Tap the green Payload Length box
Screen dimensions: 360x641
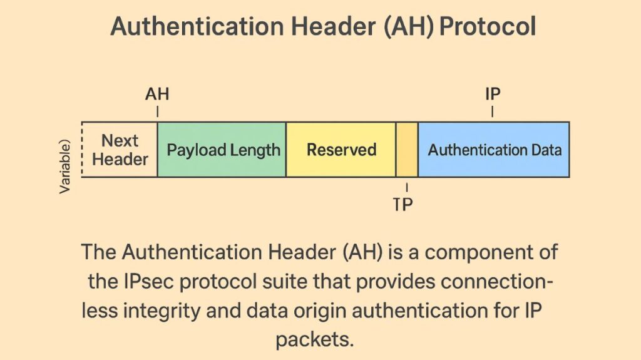tap(222, 150)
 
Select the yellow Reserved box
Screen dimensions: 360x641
tap(341, 150)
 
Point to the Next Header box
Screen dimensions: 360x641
tap(120, 150)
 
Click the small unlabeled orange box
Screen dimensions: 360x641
tap(407, 150)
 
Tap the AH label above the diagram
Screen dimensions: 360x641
tap(157, 95)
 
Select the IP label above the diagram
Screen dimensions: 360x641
tap(493, 95)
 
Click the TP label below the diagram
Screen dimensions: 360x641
tap(404, 204)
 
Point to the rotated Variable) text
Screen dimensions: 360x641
tap(66, 166)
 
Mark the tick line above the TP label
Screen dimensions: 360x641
tap(407, 187)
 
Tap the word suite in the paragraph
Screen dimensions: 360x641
tap(287, 282)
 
